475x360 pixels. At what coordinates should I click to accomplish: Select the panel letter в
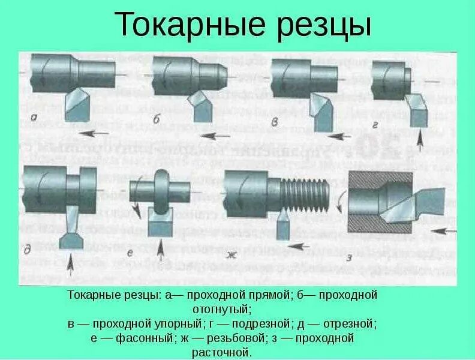click(275, 123)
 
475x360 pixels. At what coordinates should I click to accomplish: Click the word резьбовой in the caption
click(228, 338)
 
